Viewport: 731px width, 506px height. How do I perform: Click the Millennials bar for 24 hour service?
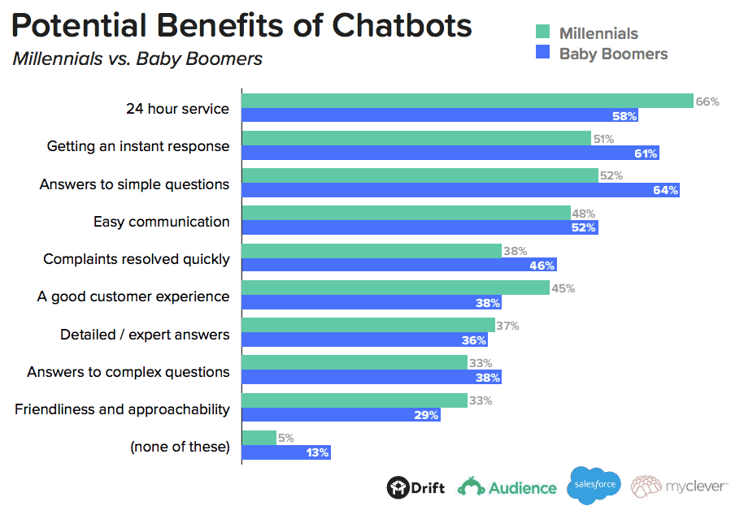(468, 101)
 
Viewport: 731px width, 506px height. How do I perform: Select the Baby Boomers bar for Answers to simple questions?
(460, 190)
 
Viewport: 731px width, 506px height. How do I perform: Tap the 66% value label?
(707, 102)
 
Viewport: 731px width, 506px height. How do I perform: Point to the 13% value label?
(318, 452)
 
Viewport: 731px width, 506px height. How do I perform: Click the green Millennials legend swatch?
(542, 33)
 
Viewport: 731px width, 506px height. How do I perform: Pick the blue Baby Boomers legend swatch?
(542, 54)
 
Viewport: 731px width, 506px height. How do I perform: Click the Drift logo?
(416, 487)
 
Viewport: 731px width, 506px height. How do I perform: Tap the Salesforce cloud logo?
(594, 486)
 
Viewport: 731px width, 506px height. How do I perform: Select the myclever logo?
(679, 487)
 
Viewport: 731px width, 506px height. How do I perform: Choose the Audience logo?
(507, 487)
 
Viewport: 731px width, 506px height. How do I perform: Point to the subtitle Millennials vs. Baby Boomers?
(137, 59)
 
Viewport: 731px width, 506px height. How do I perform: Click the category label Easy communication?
(161, 222)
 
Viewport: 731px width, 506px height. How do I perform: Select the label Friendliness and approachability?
(122, 409)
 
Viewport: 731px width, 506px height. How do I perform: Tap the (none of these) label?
(180, 447)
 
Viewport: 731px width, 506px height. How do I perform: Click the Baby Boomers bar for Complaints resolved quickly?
(399, 265)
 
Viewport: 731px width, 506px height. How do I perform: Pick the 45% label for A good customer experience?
(563, 288)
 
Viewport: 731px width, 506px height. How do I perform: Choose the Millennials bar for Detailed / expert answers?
(368, 326)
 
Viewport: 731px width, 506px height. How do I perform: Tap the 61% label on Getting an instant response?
(646, 153)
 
